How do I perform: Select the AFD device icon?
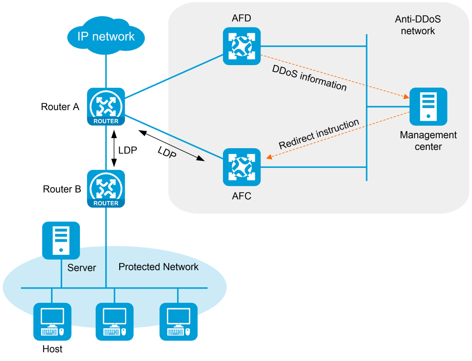242,46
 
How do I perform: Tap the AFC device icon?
242,167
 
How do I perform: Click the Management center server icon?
428,107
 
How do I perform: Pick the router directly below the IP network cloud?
106,107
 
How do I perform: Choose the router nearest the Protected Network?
106,189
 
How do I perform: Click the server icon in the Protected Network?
61,240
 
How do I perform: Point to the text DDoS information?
309,78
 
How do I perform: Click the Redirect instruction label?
319,134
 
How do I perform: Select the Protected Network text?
159,267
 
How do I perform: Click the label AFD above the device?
242,18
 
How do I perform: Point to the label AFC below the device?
242,196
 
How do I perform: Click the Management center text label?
428,141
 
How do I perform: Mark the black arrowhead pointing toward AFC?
201,160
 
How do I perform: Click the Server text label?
82,267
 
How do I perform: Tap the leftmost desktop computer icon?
52,322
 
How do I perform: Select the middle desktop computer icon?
115,322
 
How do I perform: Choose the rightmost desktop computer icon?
178,322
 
